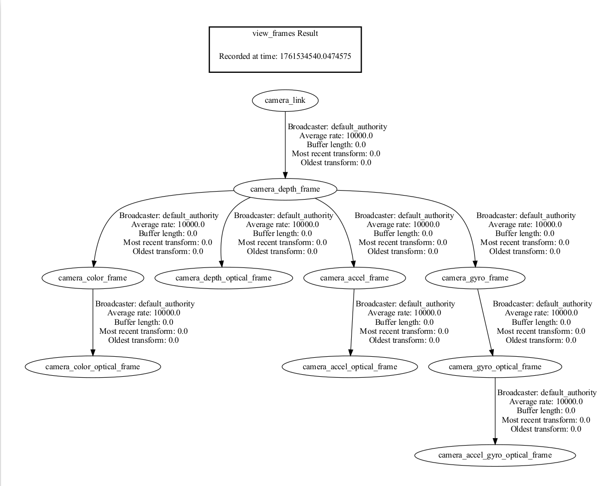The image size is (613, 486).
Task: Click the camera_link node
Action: [x=285, y=100]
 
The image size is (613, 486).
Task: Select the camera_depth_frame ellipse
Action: [x=285, y=189]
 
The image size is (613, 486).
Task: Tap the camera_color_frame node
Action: [x=92, y=278]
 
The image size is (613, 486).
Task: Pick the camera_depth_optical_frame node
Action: [x=223, y=278]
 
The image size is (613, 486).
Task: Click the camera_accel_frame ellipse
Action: [x=354, y=278]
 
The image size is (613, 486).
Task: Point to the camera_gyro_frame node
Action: [x=475, y=278]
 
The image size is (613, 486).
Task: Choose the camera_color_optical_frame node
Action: [x=92, y=367]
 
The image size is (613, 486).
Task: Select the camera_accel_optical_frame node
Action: [x=350, y=367]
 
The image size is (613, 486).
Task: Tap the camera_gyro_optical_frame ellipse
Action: [x=495, y=367]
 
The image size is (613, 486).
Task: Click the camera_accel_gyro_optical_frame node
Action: [x=495, y=456]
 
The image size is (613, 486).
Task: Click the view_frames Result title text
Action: [x=285, y=34]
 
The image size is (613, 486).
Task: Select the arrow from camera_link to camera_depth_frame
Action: [x=285, y=145]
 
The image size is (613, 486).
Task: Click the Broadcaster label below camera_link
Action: [x=337, y=127]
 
